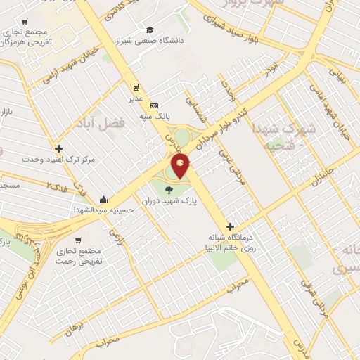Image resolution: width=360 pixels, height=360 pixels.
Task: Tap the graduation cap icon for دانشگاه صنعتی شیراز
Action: (x=150, y=30)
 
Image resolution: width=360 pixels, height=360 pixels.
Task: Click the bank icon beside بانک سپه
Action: (x=155, y=106)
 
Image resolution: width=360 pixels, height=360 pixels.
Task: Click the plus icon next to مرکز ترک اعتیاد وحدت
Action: (x=58, y=148)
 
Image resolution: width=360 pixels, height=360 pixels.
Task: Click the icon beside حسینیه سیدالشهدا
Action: (x=103, y=199)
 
